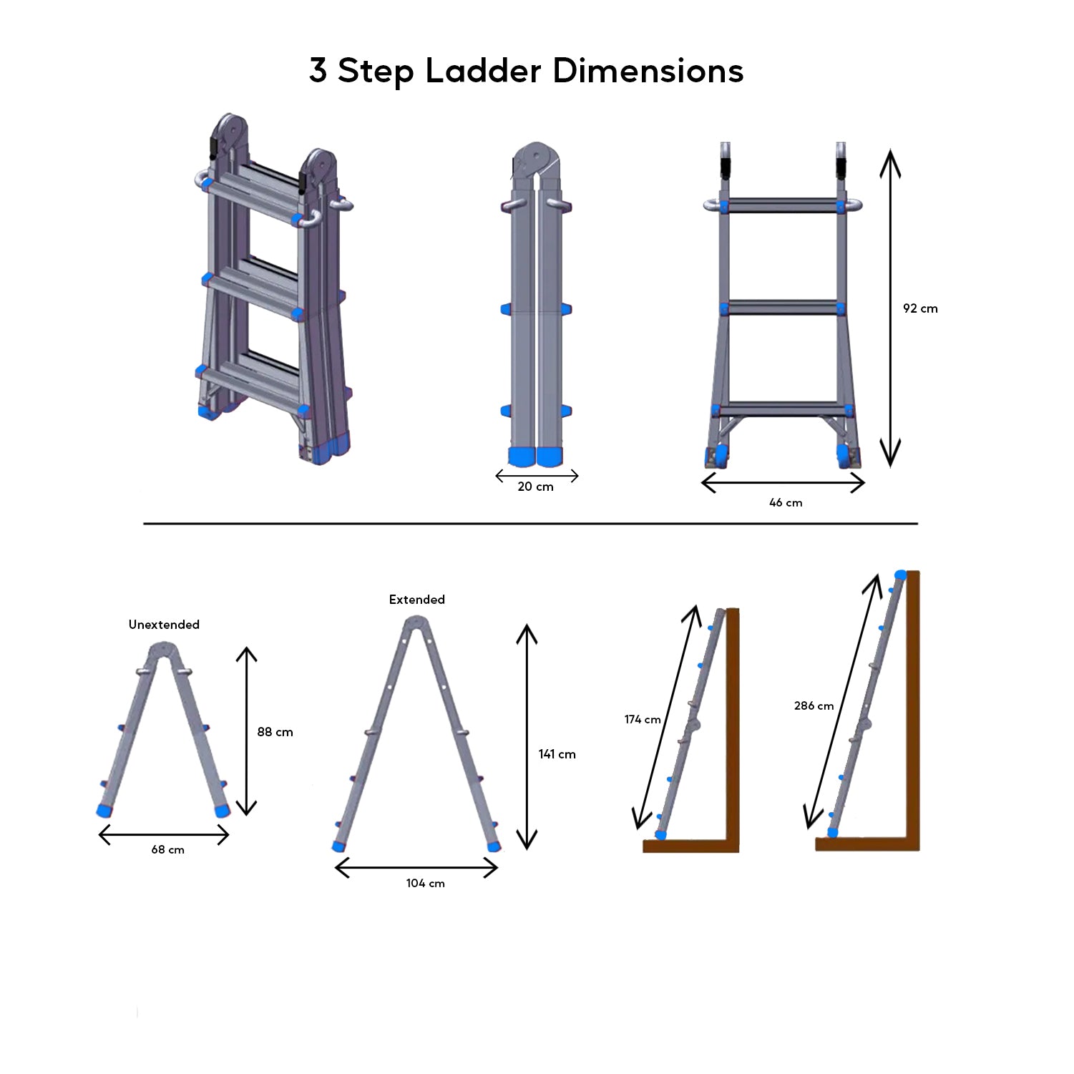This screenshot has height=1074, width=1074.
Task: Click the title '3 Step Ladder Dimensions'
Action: [526, 72]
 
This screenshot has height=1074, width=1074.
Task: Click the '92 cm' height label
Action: [919, 308]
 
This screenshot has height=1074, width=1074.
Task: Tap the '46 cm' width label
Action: [785, 503]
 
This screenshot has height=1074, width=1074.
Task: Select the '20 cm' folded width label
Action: [535, 487]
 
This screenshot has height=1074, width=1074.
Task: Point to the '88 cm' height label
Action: [275, 732]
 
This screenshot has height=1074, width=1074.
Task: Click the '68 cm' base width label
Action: [167, 850]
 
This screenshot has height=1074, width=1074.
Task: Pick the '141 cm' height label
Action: [557, 754]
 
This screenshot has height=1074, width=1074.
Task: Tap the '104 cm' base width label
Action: [425, 884]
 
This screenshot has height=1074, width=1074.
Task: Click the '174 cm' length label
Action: [642, 720]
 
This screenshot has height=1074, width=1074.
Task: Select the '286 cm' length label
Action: [814, 706]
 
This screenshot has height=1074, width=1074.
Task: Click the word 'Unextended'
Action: [164, 625]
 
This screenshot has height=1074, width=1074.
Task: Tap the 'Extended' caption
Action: [416, 600]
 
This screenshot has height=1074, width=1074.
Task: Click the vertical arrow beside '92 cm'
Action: [889, 308]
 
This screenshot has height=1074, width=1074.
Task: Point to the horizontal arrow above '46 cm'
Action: [783, 483]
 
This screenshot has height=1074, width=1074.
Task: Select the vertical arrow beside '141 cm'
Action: [527, 736]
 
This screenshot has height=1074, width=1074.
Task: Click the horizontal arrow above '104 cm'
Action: [416, 868]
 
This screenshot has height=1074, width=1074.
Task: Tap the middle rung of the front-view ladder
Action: [783, 308]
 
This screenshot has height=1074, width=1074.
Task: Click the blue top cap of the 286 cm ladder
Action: [900, 575]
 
